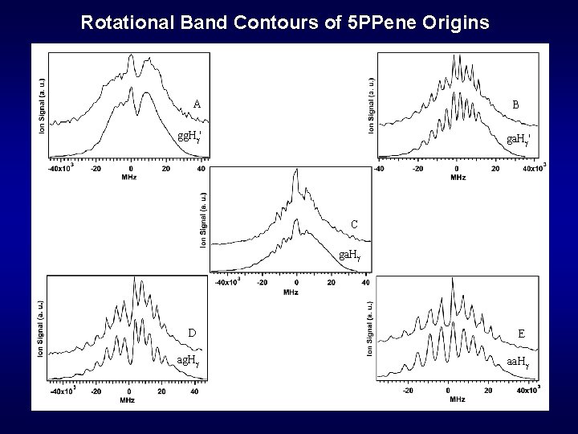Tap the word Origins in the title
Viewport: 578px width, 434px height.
click(459, 22)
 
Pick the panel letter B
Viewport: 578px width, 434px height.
click(515, 104)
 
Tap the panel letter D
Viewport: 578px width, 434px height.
click(193, 334)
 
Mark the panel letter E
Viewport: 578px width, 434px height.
click(522, 334)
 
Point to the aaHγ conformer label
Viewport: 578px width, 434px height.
click(519, 362)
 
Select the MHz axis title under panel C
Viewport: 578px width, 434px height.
click(291, 292)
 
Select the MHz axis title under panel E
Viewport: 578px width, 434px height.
click(457, 399)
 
